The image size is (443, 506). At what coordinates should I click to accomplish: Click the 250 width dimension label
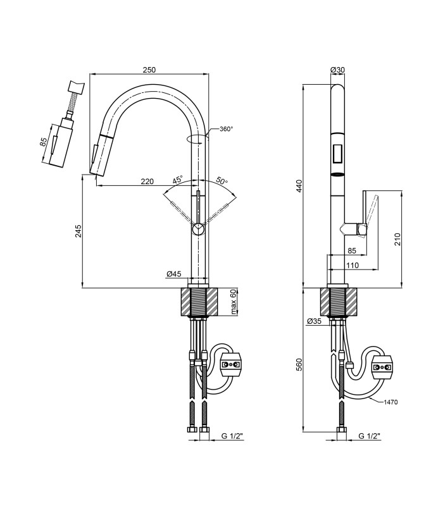point(149,70)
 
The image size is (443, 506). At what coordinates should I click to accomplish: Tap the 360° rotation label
point(227,129)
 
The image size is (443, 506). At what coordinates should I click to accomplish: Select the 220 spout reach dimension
point(147,182)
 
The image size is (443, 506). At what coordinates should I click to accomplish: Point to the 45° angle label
point(177,180)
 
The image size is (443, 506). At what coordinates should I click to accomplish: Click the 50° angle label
point(222,181)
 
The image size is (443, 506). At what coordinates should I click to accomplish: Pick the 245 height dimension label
point(78,231)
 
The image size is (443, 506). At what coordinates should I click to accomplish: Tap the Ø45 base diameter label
point(174,275)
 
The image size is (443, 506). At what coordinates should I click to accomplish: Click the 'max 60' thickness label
point(234,302)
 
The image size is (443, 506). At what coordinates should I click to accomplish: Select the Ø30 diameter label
point(338,70)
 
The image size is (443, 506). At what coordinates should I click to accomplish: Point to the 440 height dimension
point(299,186)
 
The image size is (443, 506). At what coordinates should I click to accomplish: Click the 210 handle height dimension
point(397,240)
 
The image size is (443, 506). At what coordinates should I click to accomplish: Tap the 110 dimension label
point(353,265)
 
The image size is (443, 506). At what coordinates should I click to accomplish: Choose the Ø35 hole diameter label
point(314,321)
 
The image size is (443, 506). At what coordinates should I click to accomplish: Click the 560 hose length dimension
point(299,365)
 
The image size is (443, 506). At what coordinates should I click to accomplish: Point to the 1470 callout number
point(390,402)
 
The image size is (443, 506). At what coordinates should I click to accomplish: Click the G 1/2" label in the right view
point(370,436)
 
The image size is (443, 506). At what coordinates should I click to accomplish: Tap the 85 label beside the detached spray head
point(44,142)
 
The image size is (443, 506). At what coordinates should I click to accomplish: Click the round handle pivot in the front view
point(198,230)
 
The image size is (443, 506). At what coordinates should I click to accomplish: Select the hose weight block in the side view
point(382,367)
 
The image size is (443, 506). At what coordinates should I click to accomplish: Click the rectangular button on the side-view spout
point(338,153)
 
